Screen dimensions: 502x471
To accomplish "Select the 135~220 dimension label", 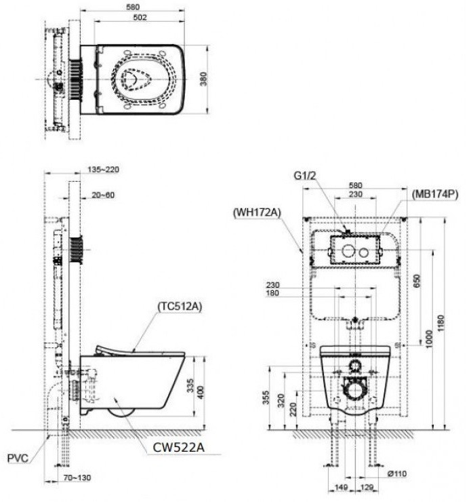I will [101, 170].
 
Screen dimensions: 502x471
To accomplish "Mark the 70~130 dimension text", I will [77, 478].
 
